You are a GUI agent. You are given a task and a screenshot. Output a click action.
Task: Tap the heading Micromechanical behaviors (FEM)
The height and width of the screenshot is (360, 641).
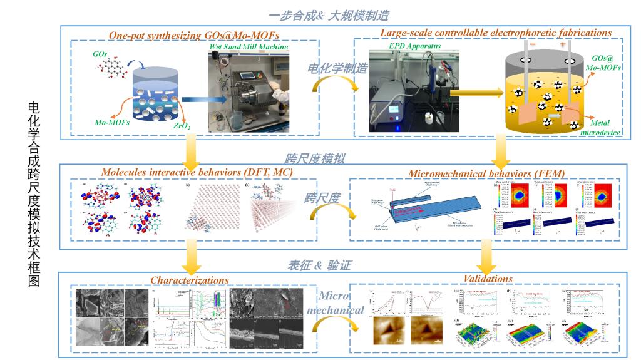point(486,173)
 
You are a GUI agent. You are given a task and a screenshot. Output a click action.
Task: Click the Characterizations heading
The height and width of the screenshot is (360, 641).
point(189,280)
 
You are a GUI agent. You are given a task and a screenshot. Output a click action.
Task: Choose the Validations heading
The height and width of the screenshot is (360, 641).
point(488,279)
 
